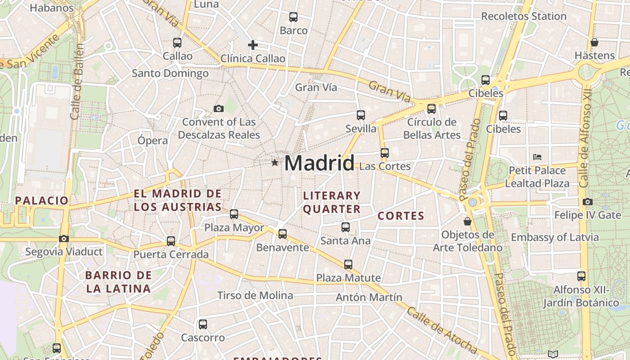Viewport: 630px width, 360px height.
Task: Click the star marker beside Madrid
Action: pyautogui.click(x=274, y=162)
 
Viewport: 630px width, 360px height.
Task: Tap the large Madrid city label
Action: pyautogui.click(x=319, y=163)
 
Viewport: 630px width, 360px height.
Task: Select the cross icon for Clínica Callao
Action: pyautogui.click(x=253, y=45)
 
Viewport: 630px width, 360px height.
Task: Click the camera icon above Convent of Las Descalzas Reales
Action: pyautogui.click(x=219, y=108)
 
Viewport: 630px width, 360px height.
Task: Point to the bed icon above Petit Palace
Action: pyautogui.click(x=537, y=157)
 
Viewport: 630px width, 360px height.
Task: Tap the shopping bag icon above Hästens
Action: pyautogui.click(x=594, y=42)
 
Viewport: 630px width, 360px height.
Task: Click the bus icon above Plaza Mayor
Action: pyautogui.click(x=234, y=214)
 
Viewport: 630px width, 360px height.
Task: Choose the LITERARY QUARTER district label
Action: pyautogui.click(x=332, y=202)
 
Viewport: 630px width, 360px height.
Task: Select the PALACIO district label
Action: pyautogui.click(x=42, y=201)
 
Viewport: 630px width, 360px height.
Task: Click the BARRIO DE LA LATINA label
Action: pyautogui.click(x=118, y=282)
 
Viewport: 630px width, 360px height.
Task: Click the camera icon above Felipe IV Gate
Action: pyautogui.click(x=587, y=202)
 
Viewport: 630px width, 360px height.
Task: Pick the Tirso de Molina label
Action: pyautogui.click(x=255, y=296)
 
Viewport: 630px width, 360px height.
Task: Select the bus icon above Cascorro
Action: pyautogui.click(x=203, y=324)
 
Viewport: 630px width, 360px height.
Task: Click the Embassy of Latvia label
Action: pyautogui.click(x=554, y=237)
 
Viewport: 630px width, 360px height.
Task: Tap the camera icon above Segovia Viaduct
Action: pyautogui.click(x=64, y=238)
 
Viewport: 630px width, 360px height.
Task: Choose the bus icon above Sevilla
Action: pyautogui.click(x=361, y=115)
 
